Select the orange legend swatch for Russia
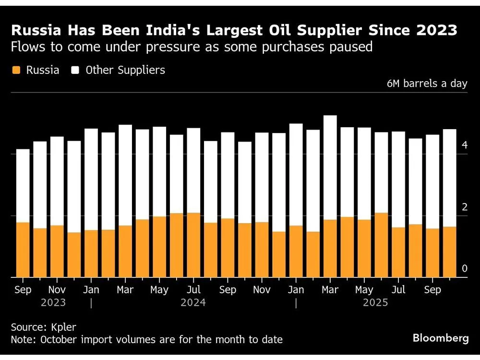(x=16, y=70)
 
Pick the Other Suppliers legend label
(x=125, y=70)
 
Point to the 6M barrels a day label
(x=427, y=84)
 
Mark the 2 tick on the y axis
(x=464, y=207)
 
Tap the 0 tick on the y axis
(x=464, y=269)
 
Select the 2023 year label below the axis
(x=53, y=303)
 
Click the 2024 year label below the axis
(x=193, y=303)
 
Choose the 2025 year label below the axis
(x=375, y=303)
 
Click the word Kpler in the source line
(x=63, y=327)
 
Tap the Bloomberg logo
(x=441, y=338)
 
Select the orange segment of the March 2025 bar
(x=330, y=249)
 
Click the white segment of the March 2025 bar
(x=330, y=168)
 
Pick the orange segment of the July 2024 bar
(x=193, y=245)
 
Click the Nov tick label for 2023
(x=57, y=290)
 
